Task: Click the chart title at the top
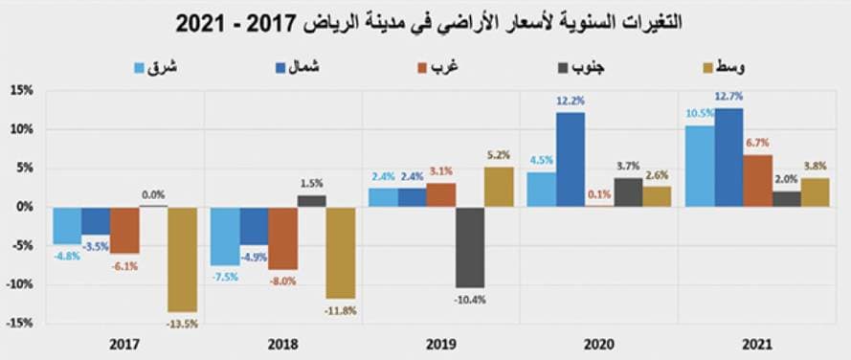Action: click(x=425, y=21)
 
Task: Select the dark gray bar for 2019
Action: click(x=469, y=246)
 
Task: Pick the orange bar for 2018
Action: click(x=282, y=237)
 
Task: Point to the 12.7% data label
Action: click(x=728, y=97)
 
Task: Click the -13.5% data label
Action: click(x=182, y=324)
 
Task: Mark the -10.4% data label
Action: click(x=469, y=299)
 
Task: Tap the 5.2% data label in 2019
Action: click(x=498, y=154)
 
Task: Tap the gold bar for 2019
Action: click(x=498, y=187)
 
